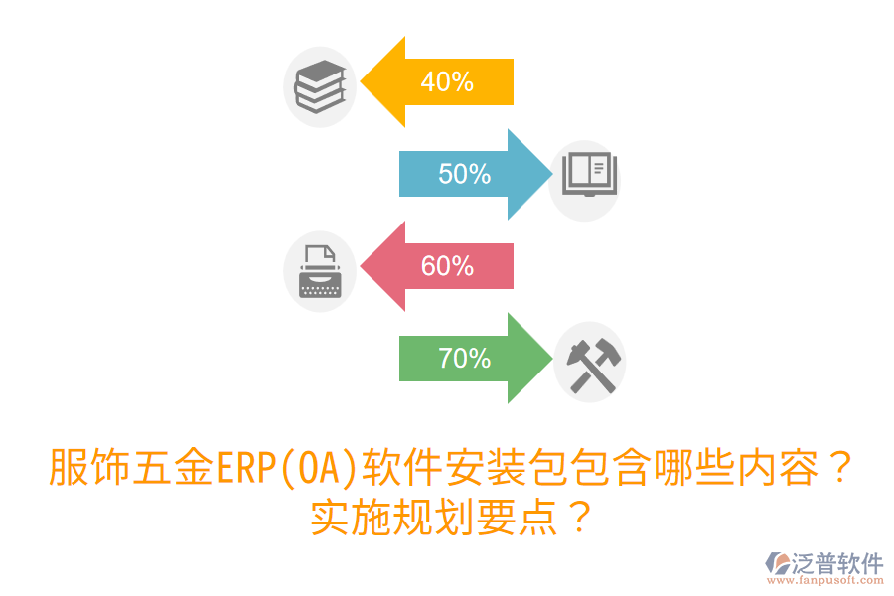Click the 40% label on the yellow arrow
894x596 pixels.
pos(447,82)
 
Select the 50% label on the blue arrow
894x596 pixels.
pos(465,174)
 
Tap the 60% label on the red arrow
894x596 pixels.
pos(447,266)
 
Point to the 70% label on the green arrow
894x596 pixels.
pos(465,358)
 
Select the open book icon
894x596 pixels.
pos(585,175)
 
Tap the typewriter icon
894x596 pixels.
pos(320,271)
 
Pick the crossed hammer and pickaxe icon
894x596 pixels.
pos(589,362)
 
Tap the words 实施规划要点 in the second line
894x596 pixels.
pos(433,518)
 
